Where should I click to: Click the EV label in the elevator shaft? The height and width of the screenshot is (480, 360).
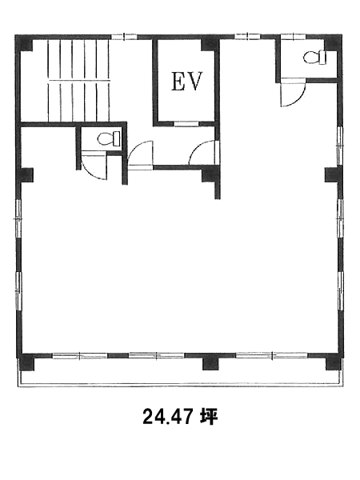click(x=186, y=82)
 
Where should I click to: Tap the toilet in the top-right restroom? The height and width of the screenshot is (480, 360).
click(x=314, y=58)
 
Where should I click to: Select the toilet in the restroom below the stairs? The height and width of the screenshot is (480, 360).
click(x=109, y=138)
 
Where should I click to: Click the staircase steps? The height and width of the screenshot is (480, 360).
click(x=78, y=80)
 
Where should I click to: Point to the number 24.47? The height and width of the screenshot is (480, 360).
click(x=168, y=417)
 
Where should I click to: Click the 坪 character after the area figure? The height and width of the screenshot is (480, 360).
click(x=209, y=417)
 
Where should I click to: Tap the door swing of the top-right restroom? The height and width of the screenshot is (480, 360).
click(x=294, y=93)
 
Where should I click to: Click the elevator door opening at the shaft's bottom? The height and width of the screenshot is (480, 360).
click(x=186, y=124)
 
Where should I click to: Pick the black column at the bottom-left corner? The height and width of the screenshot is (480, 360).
click(x=27, y=362)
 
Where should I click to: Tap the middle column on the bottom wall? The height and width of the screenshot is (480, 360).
click(x=210, y=362)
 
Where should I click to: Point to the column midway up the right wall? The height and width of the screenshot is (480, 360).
click(x=333, y=174)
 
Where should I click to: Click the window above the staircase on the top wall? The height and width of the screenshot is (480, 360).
click(x=124, y=37)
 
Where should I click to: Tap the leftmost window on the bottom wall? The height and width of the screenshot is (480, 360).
click(x=80, y=356)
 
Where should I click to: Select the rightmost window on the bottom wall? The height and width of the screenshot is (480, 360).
click(x=272, y=355)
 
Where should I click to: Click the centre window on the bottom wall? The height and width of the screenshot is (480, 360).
click(x=157, y=355)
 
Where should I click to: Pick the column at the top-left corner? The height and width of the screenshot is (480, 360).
click(x=25, y=43)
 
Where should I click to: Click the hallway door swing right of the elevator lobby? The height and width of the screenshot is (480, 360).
click(x=203, y=152)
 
